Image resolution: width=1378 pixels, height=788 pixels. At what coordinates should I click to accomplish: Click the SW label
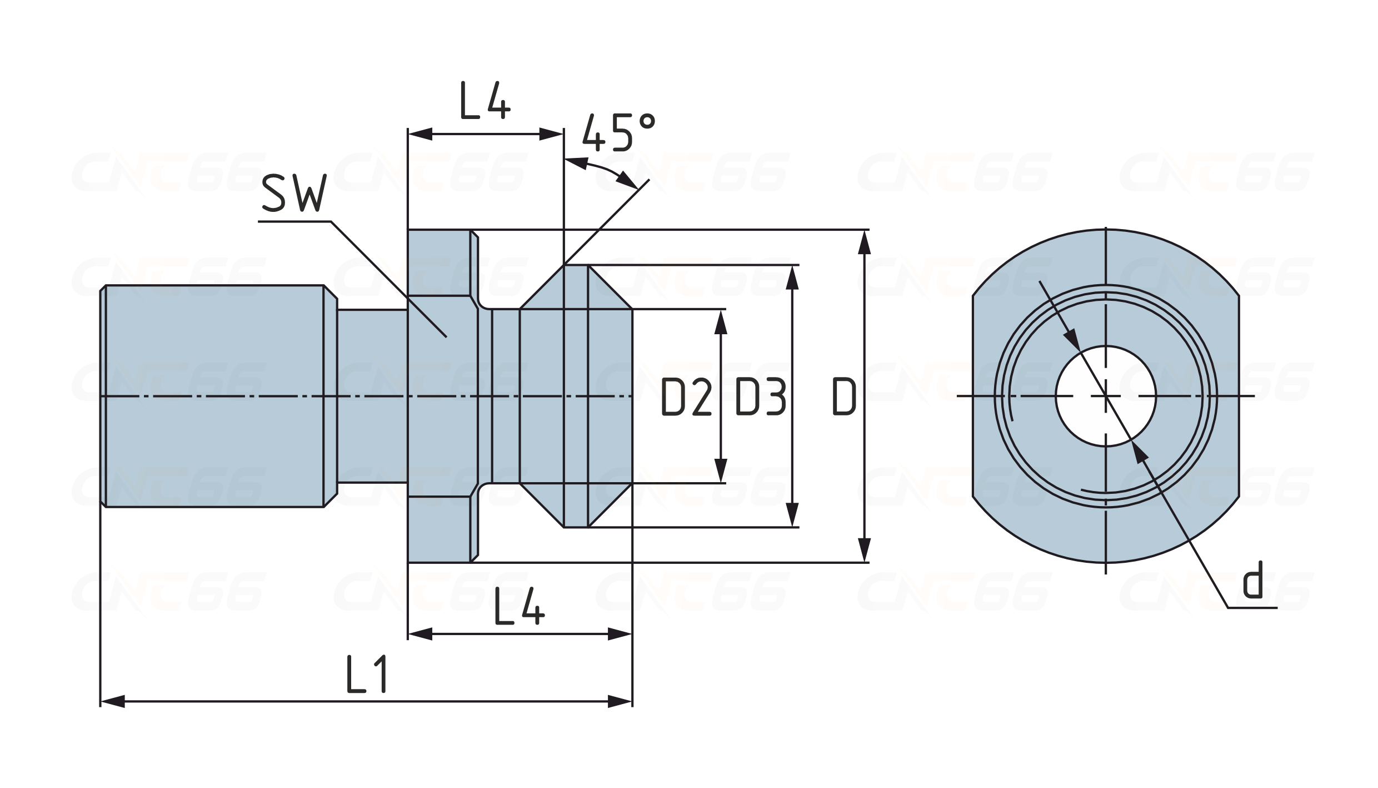point(293,194)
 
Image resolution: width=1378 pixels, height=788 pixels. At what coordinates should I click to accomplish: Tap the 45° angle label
point(618,133)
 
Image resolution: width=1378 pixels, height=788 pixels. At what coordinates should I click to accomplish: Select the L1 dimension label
point(365,674)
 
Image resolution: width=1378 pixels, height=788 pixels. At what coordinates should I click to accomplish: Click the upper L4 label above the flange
point(485,101)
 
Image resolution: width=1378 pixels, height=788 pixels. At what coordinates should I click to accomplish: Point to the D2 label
point(686,398)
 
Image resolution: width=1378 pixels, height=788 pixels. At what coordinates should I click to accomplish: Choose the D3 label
point(760,398)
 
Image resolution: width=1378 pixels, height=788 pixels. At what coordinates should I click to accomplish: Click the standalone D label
point(844,398)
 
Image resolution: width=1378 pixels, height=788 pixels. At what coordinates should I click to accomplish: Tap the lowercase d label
point(1252,580)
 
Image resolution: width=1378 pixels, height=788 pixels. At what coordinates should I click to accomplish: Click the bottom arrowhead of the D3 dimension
point(793,515)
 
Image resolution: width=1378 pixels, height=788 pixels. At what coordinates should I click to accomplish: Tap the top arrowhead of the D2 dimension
point(721,321)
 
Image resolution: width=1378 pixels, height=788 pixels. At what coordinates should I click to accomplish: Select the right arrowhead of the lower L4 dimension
point(620,634)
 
